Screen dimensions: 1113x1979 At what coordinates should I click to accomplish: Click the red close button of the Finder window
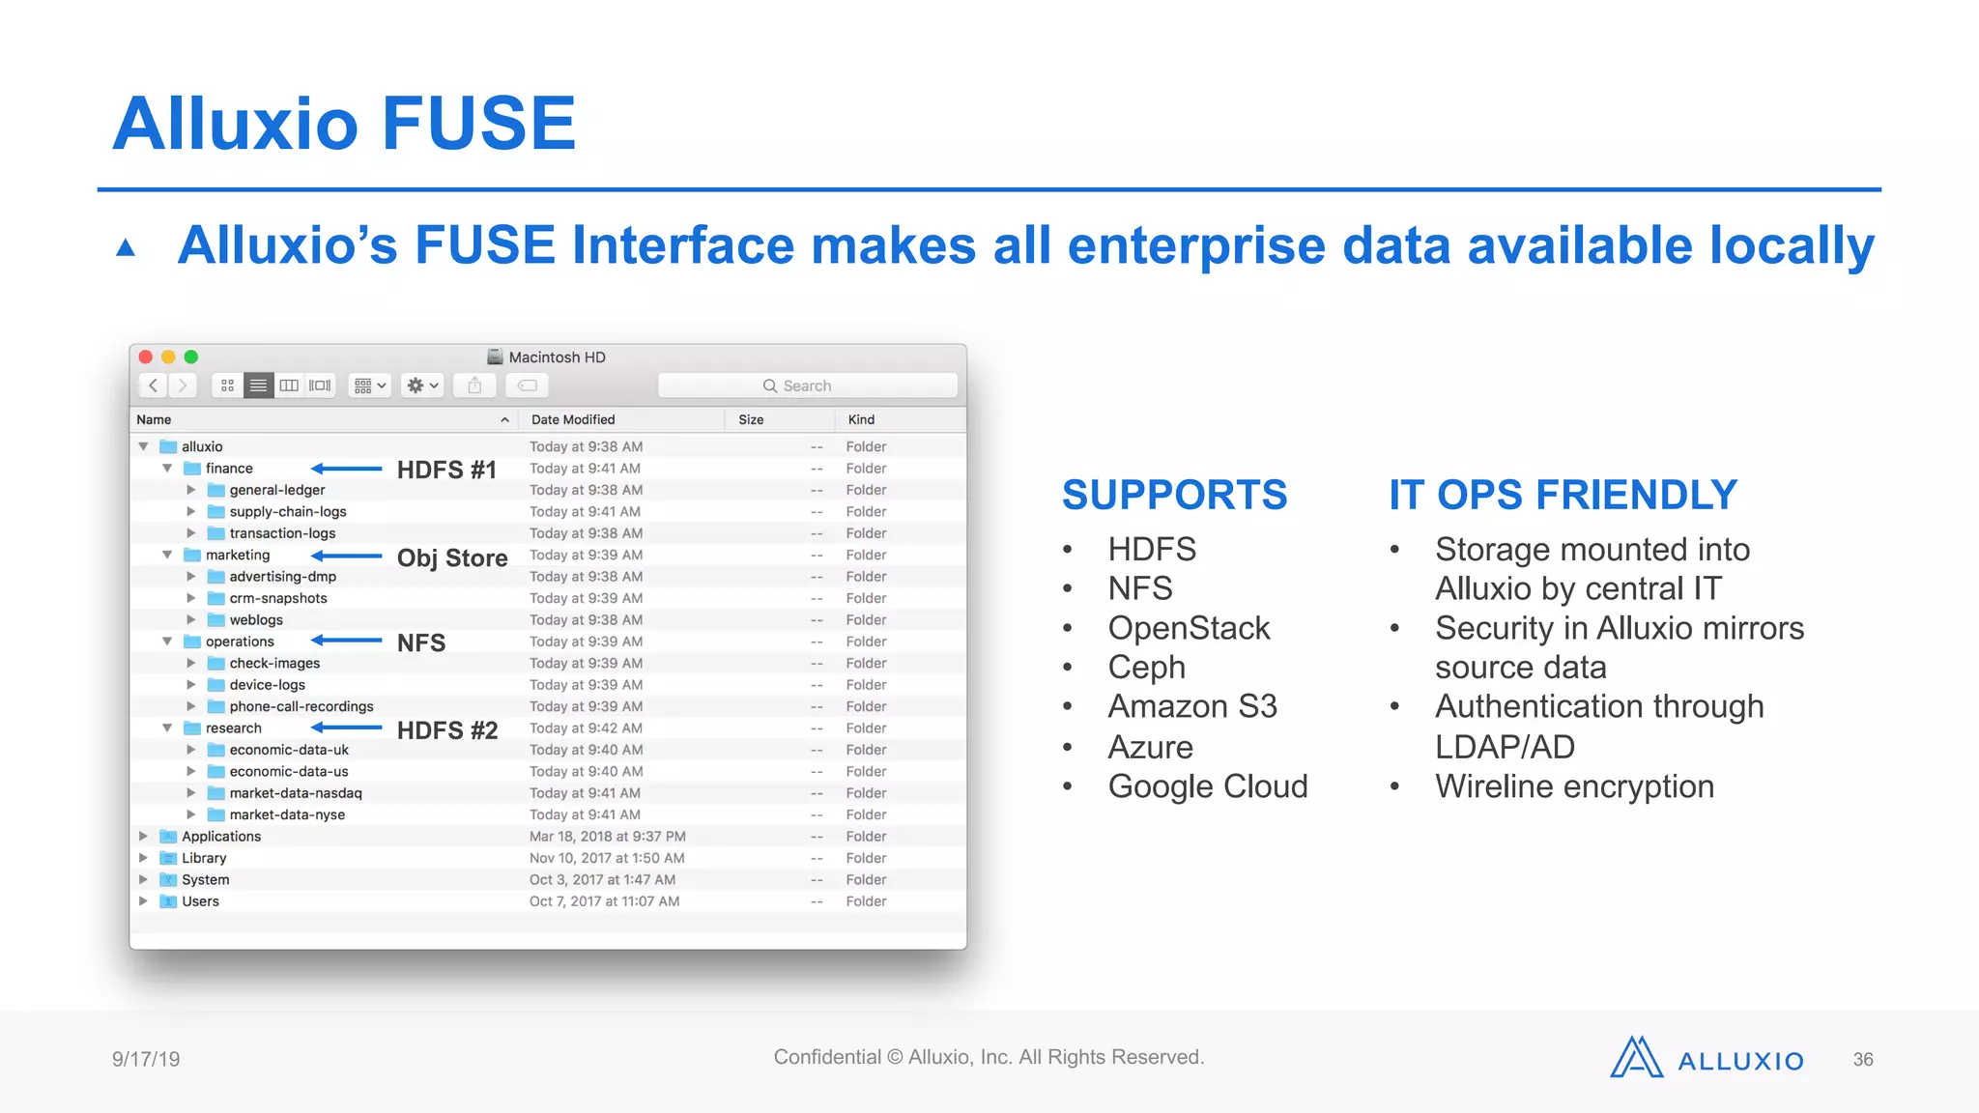tap(146, 357)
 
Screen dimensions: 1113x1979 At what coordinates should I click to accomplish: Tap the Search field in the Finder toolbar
tap(807, 385)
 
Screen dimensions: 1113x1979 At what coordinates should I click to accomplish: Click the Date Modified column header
tap(573, 419)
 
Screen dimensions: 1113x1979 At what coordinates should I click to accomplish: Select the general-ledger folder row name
tap(277, 490)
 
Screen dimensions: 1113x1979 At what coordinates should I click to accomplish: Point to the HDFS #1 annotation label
tap(446, 470)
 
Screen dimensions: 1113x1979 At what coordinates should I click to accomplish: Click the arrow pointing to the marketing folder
tap(347, 556)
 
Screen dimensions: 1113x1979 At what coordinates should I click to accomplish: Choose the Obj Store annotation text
tap(452, 558)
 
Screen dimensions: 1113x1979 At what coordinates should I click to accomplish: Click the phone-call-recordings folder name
tap(301, 706)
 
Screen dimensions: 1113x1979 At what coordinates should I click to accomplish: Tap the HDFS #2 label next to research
tap(447, 730)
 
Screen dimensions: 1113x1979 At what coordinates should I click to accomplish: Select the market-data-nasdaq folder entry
tap(295, 793)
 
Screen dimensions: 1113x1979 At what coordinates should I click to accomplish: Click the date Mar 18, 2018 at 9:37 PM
tap(607, 837)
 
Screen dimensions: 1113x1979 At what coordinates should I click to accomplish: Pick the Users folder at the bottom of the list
tap(200, 901)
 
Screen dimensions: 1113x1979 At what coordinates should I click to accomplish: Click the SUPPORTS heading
tap(1174, 495)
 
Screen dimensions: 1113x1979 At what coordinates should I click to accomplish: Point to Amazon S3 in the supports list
tap(1192, 706)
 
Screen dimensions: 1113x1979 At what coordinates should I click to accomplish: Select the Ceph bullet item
tap(1146, 667)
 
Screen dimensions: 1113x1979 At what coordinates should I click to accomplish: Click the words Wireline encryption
tap(1574, 786)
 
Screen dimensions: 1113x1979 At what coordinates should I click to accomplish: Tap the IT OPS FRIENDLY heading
tap(1563, 495)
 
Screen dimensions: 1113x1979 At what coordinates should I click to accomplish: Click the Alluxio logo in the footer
tap(1707, 1059)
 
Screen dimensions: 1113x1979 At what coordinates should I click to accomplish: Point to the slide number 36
tap(1862, 1060)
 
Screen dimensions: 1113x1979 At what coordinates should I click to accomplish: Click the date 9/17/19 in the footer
tap(146, 1059)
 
